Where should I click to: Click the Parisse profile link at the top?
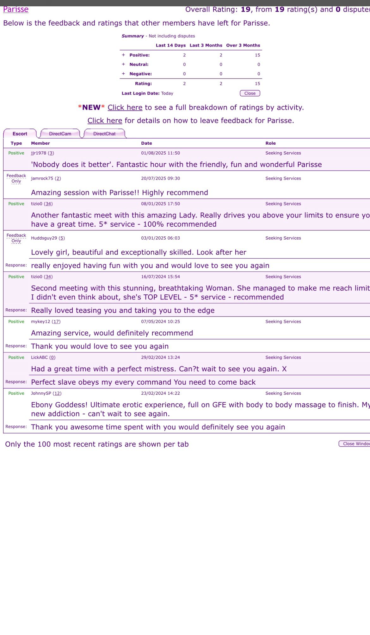click(16, 9)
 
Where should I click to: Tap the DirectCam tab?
click(60, 134)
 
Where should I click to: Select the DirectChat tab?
click(104, 134)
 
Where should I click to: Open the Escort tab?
click(20, 134)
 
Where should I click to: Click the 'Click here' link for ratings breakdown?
click(125, 108)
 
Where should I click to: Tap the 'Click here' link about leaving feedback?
click(105, 121)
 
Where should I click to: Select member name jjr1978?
click(39, 153)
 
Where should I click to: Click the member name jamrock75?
click(42, 179)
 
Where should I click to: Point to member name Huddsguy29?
click(44, 238)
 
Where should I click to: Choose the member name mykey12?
click(40, 322)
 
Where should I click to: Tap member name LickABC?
click(39, 357)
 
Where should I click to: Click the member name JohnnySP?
click(41, 393)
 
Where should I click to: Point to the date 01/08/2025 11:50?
click(160, 153)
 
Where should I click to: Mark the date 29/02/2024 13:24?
click(160, 357)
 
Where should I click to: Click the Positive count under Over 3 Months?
click(257, 55)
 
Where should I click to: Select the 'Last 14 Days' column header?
click(170, 46)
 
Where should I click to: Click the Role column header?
click(270, 143)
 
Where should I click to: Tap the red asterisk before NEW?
click(80, 107)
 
